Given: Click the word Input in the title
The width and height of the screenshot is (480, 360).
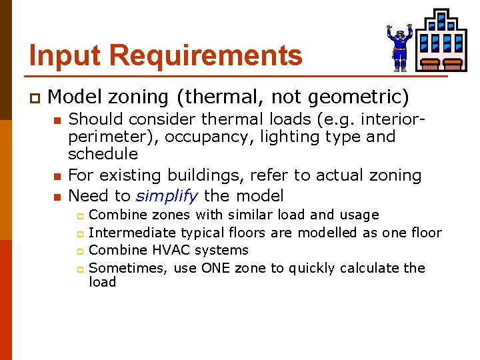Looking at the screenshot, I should click(58, 55).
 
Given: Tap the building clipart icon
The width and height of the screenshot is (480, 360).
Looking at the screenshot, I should click(441, 40).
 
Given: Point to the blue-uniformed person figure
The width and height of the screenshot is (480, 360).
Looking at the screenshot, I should click(399, 47).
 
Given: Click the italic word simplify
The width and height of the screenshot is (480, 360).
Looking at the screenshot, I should click(166, 196).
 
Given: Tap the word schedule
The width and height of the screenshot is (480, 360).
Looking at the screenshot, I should click(103, 154).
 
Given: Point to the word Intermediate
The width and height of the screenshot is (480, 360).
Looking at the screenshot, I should click(132, 233).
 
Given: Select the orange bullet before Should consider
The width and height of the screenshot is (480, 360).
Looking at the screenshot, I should click(57, 121).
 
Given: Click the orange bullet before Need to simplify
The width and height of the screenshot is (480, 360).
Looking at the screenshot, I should click(57, 197).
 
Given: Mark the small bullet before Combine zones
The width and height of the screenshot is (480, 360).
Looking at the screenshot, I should click(79, 216).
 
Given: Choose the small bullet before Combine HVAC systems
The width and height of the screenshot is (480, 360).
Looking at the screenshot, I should click(79, 251).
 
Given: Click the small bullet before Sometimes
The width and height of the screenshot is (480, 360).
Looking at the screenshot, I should click(79, 269).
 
